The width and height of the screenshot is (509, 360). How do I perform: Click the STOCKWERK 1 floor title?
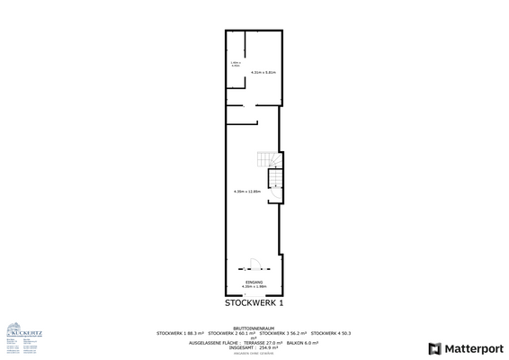click(254, 303)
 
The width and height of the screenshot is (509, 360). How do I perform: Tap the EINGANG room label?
click(254, 283)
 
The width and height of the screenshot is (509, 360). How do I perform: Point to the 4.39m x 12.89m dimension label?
click(246, 192)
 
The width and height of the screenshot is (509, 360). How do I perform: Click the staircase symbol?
click(266, 160)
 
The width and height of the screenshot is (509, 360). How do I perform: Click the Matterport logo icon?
click(436, 347)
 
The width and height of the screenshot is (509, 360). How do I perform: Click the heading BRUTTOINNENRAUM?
click(254, 328)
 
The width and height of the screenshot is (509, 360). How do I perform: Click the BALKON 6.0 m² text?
click(305, 343)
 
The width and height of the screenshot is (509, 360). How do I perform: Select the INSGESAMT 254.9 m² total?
click(254, 347)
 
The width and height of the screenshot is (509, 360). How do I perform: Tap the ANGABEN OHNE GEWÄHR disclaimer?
click(254, 353)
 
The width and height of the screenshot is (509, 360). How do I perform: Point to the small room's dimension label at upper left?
click(236, 64)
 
